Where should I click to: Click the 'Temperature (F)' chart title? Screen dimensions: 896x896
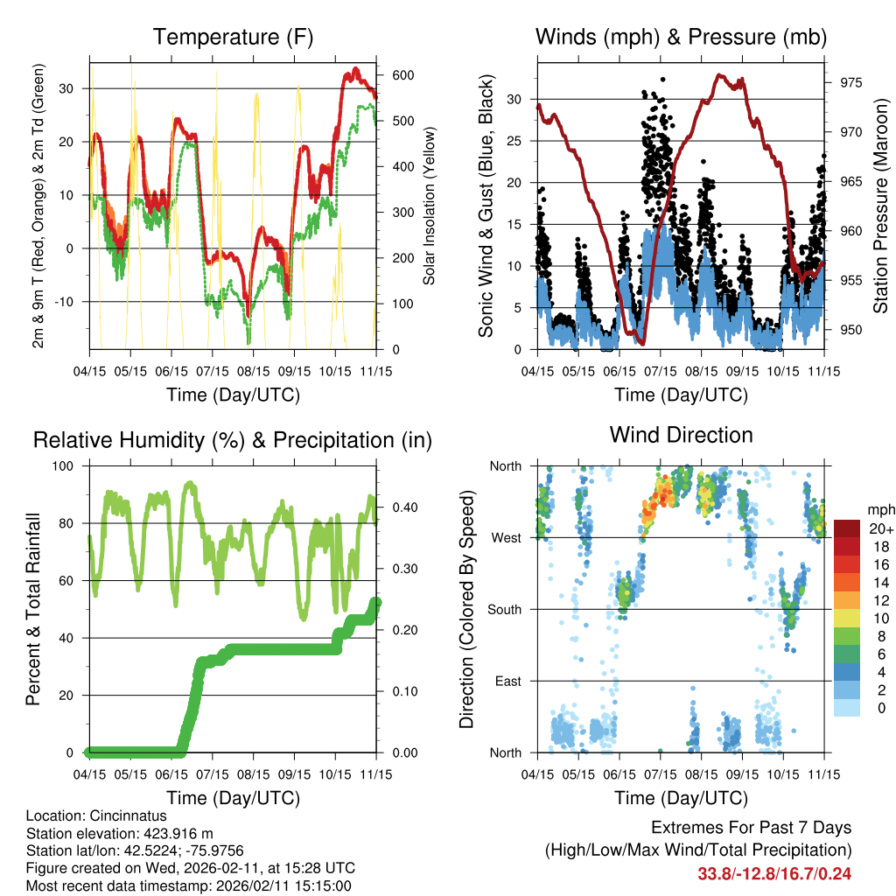pos(233,38)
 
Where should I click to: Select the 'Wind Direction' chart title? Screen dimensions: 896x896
pos(681,435)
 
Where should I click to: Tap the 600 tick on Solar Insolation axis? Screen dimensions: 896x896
pos(402,75)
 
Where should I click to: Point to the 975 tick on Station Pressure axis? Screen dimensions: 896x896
pos(851,83)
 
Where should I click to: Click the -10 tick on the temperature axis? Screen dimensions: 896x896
pos(70,302)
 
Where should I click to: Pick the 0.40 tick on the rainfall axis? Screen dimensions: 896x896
pos(402,507)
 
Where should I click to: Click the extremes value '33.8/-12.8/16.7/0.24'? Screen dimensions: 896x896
pos(774,873)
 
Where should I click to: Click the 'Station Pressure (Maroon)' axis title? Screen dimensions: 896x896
pos(881,206)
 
